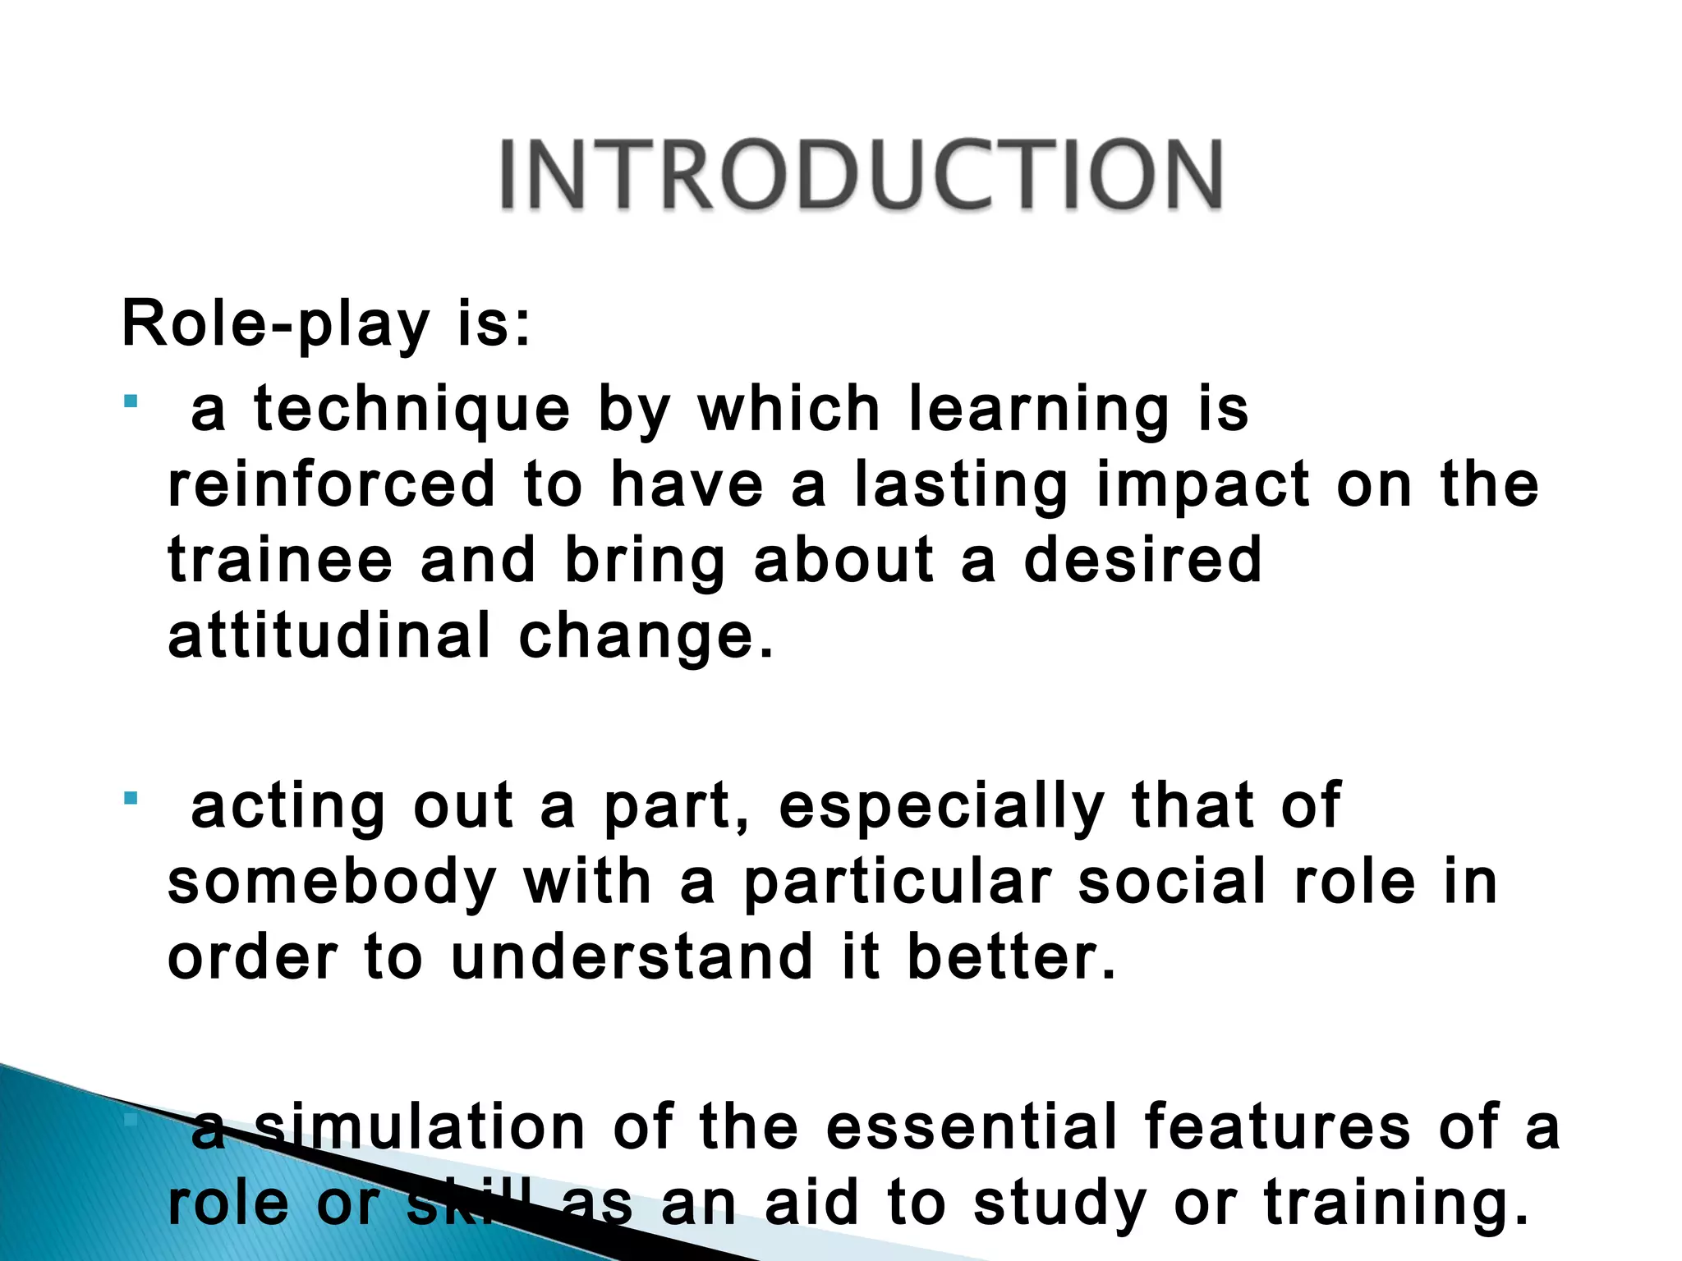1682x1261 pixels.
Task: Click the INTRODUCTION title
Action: click(861, 175)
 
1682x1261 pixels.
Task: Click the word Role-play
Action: click(275, 324)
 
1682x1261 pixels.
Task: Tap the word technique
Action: click(412, 409)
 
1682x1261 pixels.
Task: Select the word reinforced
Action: click(332, 484)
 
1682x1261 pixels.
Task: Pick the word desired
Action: click(1142, 560)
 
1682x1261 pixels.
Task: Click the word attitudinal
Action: click(329, 635)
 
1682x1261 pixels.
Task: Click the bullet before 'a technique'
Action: click(131, 401)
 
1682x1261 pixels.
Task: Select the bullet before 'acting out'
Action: click(131, 797)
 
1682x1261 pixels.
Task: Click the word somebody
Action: click(332, 883)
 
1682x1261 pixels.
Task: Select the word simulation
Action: click(420, 1126)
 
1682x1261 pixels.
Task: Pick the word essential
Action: click(971, 1126)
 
